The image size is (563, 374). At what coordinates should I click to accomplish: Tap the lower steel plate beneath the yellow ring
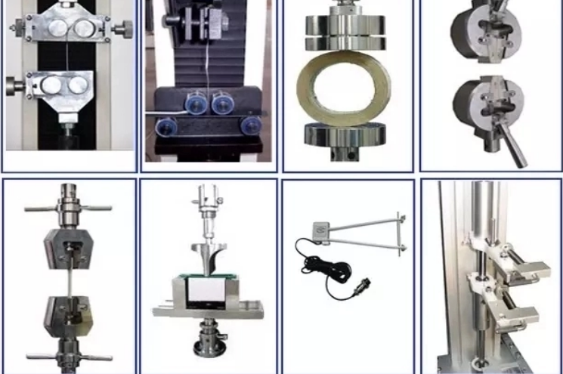(346, 136)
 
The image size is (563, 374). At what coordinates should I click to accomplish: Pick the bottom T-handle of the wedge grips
(69, 355)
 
